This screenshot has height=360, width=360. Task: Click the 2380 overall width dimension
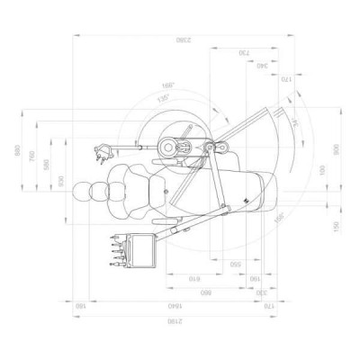point(183,40)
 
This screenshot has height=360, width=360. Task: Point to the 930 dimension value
point(61,181)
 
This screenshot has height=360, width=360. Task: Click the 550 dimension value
point(234,265)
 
